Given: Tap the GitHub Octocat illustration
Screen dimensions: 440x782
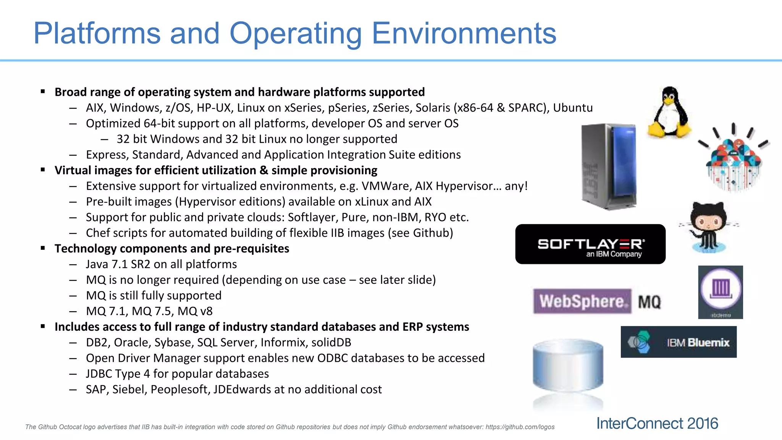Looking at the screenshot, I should (x=708, y=227).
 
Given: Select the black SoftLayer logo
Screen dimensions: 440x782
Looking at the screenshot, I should (x=590, y=244).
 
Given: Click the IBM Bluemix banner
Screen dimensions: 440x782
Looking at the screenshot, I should (x=679, y=342).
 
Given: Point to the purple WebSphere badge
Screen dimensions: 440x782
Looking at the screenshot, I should (x=582, y=301).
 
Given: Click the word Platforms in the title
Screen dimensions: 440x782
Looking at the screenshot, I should (x=97, y=33).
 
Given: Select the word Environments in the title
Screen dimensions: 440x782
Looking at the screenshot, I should (x=464, y=33).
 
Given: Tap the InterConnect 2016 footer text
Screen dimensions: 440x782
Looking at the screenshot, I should (x=657, y=424).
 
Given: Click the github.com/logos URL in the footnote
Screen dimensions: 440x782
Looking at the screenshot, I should (x=520, y=427).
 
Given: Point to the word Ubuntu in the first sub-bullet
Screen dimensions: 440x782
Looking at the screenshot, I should (x=573, y=108).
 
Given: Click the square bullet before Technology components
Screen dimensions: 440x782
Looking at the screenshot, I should (x=43, y=248).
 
